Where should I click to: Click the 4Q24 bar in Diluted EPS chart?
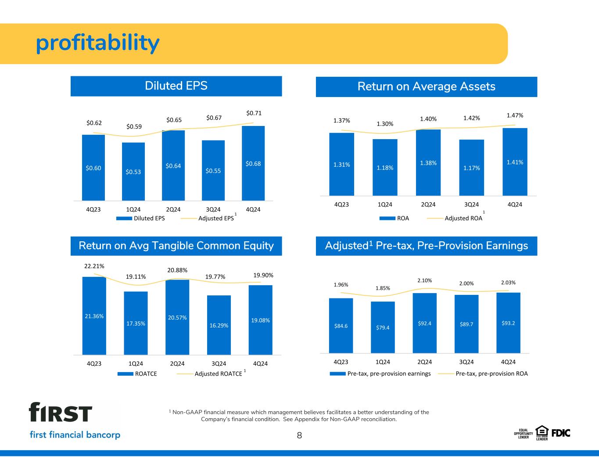point(253,163)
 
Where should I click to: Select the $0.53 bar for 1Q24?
point(133,172)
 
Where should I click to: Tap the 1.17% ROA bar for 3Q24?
point(471,168)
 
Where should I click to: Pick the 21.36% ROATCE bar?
point(94,316)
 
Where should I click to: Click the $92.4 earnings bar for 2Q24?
point(424,323)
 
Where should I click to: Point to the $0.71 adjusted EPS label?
point(254,113)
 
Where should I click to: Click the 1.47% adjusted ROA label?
point(515,115)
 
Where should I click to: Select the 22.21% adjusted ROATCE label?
point(94,266)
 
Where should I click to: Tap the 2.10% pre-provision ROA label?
point(424,280)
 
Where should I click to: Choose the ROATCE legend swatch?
point(126,374)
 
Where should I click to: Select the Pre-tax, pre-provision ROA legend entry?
point(483,374)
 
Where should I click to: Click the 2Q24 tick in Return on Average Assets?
point(428,205)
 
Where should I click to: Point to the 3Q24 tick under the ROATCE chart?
point(219,363)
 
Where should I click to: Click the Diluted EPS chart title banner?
point(176,86)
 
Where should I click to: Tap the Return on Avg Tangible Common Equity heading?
point(176,246)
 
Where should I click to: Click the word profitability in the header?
point(97,43)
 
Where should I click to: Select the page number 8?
point(299,435)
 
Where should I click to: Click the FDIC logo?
point(561,434)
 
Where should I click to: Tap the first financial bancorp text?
point(75,434)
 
